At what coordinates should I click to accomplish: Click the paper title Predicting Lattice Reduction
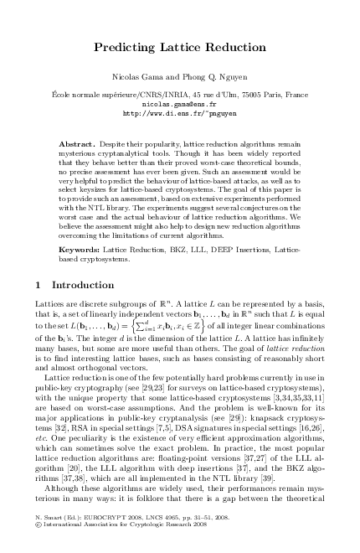pyautogui.click(x=180, y=49)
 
